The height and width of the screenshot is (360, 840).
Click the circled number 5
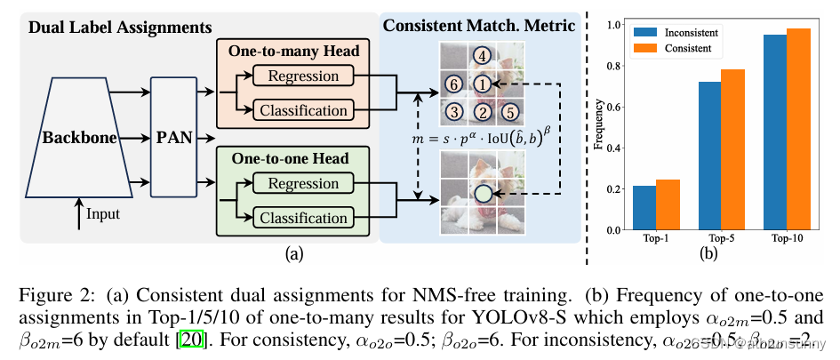click(x=509, y=113)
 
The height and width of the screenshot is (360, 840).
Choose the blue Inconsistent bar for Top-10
click(x=774, y=132)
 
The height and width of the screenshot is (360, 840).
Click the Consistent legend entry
click(x=692, y=48)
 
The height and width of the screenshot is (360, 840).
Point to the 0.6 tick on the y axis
click(x=612, y=107)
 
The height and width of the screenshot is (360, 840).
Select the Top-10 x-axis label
click(x=785, y=238)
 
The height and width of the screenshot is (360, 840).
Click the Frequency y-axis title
click(x=597, y=127)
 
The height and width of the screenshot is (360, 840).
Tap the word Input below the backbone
click(x=102, y=213)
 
